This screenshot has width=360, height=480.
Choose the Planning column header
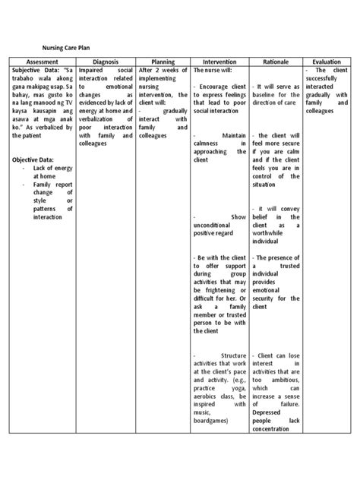tap(163, 61)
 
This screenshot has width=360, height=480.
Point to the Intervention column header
tap(219, 61)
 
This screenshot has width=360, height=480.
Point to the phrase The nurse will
tap(213, 70)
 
